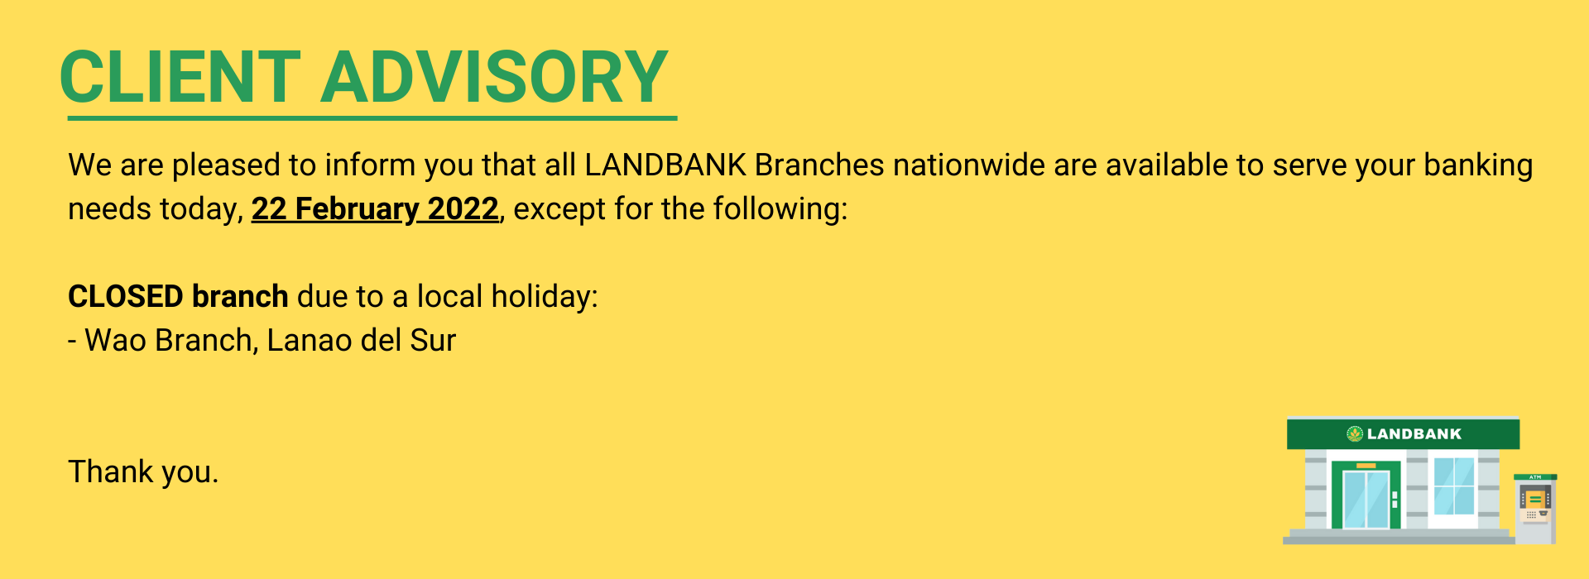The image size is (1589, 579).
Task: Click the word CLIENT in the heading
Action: point(180,77)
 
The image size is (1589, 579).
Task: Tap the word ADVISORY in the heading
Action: point(495,77)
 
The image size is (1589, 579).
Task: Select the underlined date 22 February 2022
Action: point(375,208)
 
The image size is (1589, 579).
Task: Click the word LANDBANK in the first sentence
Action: point(665,165)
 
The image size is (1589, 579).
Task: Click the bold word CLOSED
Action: point(126,296)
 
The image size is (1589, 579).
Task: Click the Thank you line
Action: point(143,471)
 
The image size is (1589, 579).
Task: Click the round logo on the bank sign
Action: point(1355,433)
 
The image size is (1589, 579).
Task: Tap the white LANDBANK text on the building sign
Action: point(1414,433)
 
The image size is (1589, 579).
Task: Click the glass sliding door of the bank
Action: point(1366,499)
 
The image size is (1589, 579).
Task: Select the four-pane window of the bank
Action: point(1454,486)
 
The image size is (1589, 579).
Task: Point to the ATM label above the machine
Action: point(1535,477)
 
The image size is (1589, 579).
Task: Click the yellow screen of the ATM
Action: point(1535,499)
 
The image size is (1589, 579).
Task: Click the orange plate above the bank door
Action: point(1366,466)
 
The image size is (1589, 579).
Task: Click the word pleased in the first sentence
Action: point(226,165)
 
